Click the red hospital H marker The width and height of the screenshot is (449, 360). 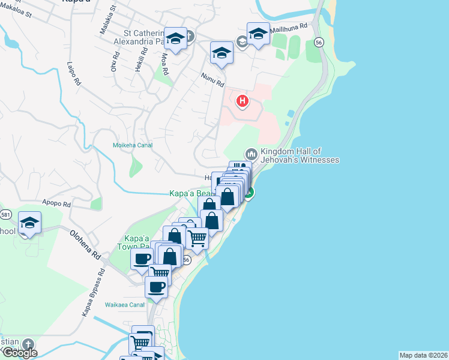click(x=243, y=101)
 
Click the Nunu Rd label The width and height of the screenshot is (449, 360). click(x=212, y=77)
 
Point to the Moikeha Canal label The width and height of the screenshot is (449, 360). click(x=133, y=145)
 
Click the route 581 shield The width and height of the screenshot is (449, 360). click(x=6, y=214)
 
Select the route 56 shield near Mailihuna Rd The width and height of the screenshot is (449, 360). click(x=319, y=42)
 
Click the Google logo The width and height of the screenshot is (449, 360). click(x=19, y=352)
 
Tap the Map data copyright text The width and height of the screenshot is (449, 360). click(x=424, y=355)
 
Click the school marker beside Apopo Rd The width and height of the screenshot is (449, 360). click(x=29, y=224)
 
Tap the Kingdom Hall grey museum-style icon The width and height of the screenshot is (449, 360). click(x=251, y=155)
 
